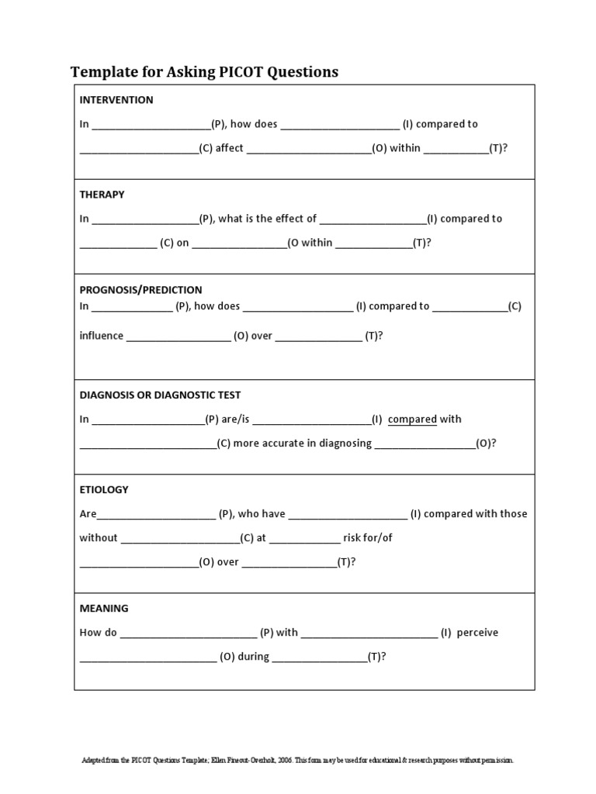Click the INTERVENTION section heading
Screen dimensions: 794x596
(116, 100)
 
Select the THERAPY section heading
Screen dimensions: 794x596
(102, 195)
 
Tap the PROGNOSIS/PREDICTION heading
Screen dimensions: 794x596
(140, 290)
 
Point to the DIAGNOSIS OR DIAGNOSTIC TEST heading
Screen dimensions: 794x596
(165, 395)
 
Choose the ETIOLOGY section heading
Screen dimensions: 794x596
(104, 490)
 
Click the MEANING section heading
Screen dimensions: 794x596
(104, 609)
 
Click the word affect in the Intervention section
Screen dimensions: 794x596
(230, 148)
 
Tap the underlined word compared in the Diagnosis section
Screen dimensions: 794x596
(412, 419)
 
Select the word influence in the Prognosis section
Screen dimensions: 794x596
(101, 336)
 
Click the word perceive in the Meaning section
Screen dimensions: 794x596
(477, 633)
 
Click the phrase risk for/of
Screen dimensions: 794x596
(368, 538)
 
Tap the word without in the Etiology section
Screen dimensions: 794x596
(99, 538)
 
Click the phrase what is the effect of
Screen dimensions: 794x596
(268, 219)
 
